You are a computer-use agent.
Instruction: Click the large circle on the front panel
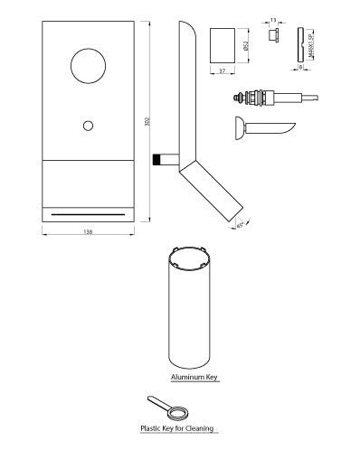[88, 68]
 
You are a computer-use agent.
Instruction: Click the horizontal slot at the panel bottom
[88, 213]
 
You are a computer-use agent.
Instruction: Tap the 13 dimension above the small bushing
[273, 19]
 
